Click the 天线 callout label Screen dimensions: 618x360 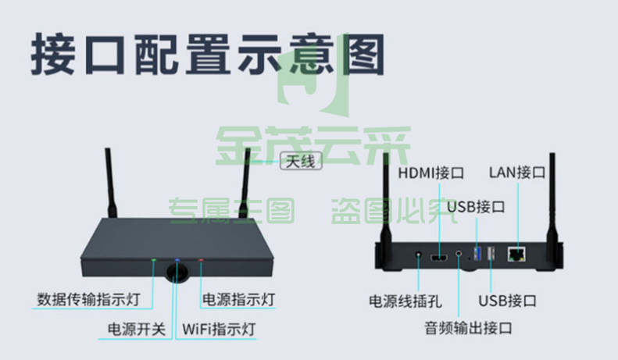click(301, 161)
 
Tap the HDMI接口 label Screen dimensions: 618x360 click(430, 173)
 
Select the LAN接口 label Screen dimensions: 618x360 click(517, 172)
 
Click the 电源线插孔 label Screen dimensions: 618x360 click(405, 301)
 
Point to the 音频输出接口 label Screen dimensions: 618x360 click(468, 328)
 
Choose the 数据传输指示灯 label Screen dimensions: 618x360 click(89, 299)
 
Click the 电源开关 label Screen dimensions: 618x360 click(137, 330)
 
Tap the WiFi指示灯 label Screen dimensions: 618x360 click(219, 330)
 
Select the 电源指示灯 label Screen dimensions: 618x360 click(238, 299)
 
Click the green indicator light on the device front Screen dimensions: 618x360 click(154, 260)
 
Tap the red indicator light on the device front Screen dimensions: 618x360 click(201, 260)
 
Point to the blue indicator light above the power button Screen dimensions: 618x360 click(177, 260)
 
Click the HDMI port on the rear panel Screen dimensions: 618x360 click(438, 258)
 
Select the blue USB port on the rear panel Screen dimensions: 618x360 click(477, 254)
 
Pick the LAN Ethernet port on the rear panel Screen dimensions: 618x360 click(516, 254)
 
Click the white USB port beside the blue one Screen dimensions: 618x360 click(491, 254)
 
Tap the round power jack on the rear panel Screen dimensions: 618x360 click(418, 255)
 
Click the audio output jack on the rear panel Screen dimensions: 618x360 click(459, 253)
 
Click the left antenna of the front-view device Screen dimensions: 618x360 click(111, 184)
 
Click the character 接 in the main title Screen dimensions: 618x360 click(53, 55)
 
